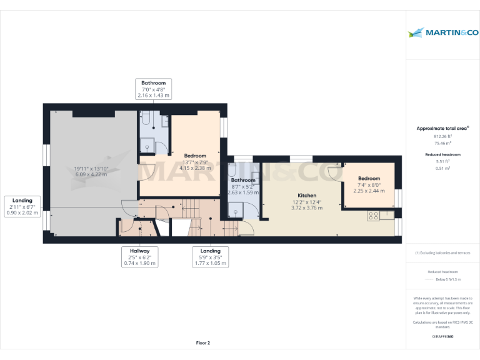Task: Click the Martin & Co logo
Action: coord(442,32)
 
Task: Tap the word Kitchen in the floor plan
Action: coord(306,196)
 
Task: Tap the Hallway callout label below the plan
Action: coord(139,257)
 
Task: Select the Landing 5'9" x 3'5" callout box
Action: coord(211,257)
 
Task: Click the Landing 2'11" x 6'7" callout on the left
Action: coord(22,206)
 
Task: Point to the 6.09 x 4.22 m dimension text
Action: coord(91,174)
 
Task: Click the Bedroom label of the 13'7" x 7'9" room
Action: coord(195,156)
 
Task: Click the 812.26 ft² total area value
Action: coord(442,136)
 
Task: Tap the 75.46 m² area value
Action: coord(442,143)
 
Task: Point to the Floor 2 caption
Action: coord(203,342)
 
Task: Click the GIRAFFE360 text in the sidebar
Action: coord(442,337)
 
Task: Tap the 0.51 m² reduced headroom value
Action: coord(442,167)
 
